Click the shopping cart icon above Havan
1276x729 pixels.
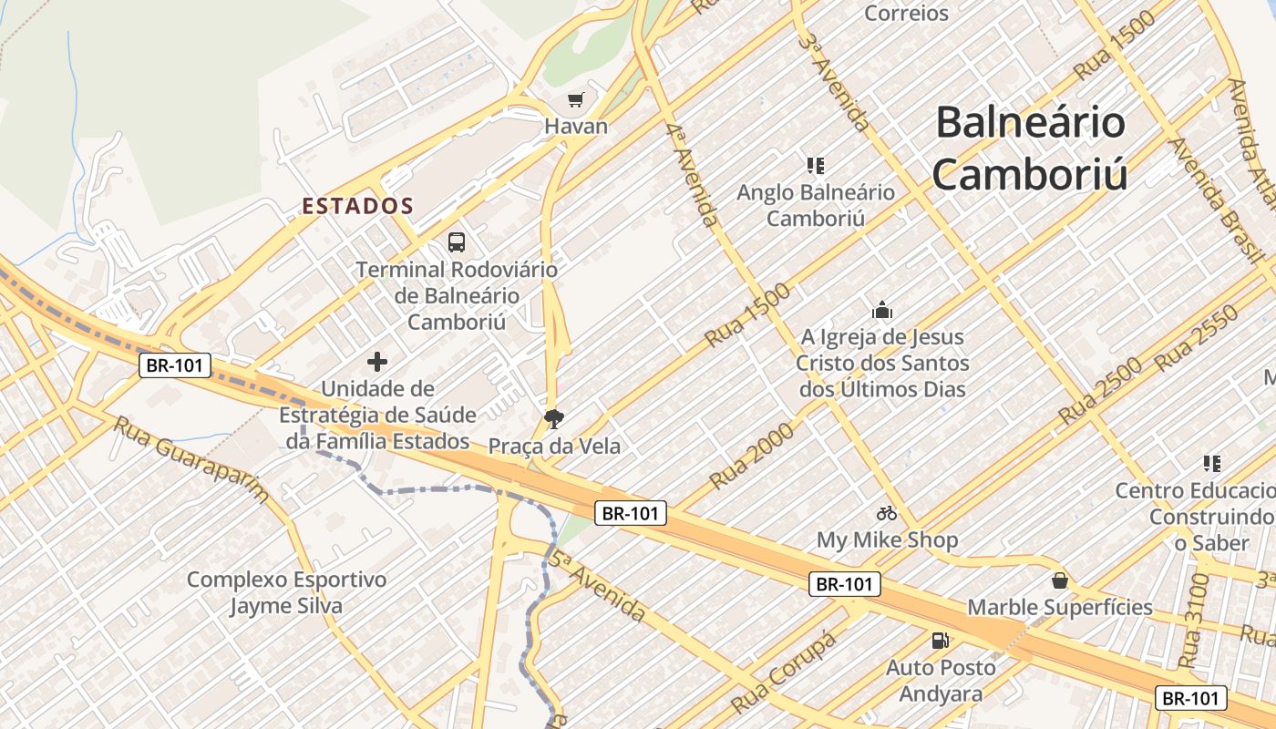tap(575, 99)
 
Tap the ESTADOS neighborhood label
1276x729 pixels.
tap(358, 207)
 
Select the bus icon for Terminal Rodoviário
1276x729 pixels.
tap(457, 242)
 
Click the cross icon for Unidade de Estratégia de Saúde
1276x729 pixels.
tap(377, 362)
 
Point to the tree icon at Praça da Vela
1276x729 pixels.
tap(553, 419)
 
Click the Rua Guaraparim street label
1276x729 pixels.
tap(191, 458)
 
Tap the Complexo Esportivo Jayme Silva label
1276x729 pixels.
tap(286, 593)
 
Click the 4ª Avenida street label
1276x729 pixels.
tap(693, 173)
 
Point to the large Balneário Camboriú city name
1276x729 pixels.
tap(1030, 148)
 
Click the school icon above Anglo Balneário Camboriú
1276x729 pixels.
tap(816, 166)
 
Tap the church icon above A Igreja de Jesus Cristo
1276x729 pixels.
tap(881, 311)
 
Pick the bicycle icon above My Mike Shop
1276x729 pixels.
tap(887, 513)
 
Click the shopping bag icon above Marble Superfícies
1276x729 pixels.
tap(1060, 580)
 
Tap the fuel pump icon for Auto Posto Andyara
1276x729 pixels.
tap(941, 641)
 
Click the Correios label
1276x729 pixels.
tap(906, 13)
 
